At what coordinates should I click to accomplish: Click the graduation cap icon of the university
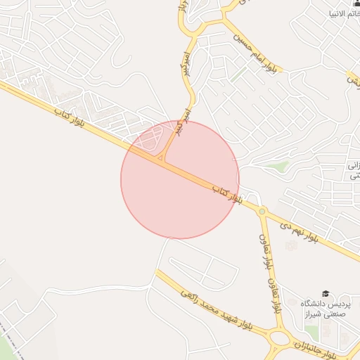[325, 293]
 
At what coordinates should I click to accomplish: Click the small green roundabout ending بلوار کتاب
[262, 211]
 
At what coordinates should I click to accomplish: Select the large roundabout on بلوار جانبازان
[280, 337]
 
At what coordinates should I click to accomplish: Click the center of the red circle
[179, 179]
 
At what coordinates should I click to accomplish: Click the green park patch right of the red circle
[278, 167]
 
